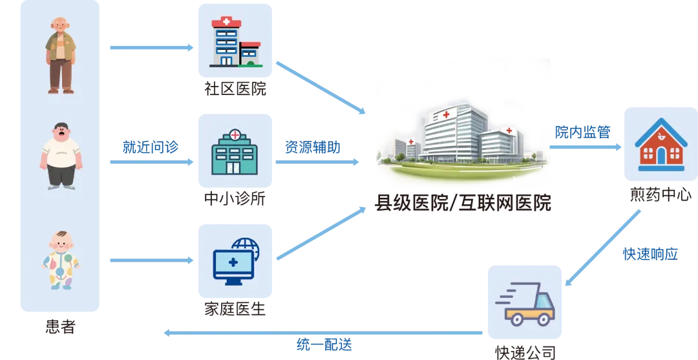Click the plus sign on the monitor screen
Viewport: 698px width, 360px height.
pyautogui.click(x=233, y=262)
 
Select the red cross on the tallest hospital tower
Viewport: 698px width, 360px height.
pyautogui.click(x=446, y=114)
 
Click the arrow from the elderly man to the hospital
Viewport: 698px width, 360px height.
pyautogui.click(x=152, y=47)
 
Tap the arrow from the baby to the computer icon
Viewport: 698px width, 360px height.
pyautogui.click(x=152, y=262)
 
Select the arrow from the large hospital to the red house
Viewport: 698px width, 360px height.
pyautogui.click(x=586, y=147)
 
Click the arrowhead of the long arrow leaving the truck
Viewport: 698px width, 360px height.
pyautogui.click(x=167, y=334)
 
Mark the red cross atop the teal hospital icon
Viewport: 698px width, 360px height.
pyautogui.click(x=235, y=136)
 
